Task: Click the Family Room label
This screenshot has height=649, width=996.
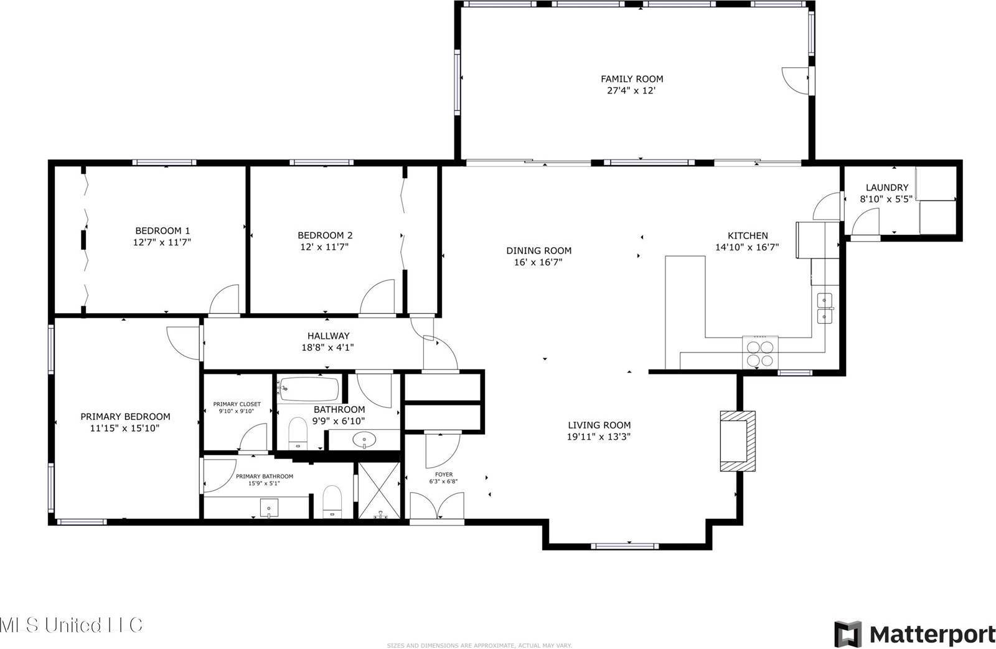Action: (631, 79)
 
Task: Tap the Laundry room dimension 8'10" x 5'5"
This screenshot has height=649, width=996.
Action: (886, 199)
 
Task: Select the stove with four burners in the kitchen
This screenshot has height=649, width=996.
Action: (760, 353)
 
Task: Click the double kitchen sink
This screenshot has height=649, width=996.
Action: (825, 308)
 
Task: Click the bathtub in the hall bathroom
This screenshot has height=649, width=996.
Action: (309, 390)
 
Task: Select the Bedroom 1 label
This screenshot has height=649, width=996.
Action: (162, 230)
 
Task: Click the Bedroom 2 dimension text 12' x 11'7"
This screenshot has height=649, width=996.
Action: (324, 247)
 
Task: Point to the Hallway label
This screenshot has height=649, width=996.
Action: (328, 336)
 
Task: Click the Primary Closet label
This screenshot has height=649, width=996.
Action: (237, 404)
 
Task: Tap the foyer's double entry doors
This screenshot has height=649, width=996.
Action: (438, 505)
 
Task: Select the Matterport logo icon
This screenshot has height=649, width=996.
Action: (847, 634)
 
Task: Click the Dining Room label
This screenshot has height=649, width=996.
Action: (538, 250)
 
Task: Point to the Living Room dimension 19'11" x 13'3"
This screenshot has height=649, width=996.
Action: (599, 437)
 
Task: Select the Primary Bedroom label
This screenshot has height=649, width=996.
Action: (125, 417)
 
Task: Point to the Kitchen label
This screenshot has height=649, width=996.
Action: (748, 235)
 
